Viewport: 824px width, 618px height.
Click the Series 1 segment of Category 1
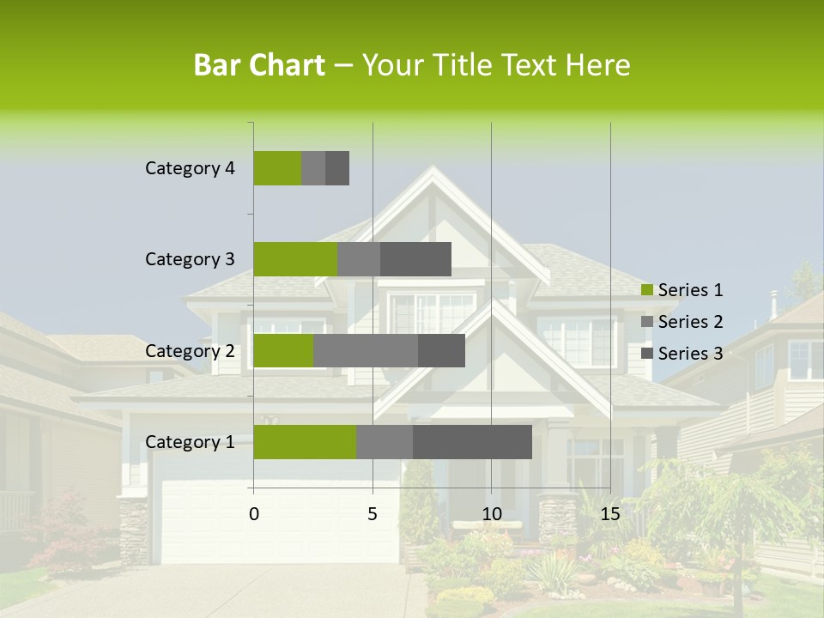pos(305,442)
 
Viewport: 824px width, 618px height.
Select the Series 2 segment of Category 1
pos(385,442)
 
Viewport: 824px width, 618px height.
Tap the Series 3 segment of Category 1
pos(472,442)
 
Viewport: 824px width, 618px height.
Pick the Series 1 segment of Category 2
pos(283,350)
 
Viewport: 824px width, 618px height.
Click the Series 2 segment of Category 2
pos(366,350)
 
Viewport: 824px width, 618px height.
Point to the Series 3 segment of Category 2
pos(441,350)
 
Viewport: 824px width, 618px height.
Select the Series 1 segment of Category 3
pos(295,259)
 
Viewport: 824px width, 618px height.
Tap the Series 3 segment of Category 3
pos(415,259)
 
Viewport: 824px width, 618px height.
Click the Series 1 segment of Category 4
pos(277,168)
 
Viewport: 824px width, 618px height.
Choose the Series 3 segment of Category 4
pos(337,168)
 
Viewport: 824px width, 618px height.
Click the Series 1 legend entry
pos(682,290)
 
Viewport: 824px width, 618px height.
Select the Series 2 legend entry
pos(682,322)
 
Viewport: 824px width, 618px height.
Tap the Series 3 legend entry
pos(682,354)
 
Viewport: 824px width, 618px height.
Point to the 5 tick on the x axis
pos(373,514)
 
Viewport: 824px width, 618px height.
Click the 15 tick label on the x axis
pos(610,514)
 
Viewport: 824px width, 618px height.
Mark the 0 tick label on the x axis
pos(254,514)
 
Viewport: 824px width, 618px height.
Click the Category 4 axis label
pos(190,168)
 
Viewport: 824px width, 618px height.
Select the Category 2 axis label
pos(190,350)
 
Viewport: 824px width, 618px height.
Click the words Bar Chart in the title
pos(259,65)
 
